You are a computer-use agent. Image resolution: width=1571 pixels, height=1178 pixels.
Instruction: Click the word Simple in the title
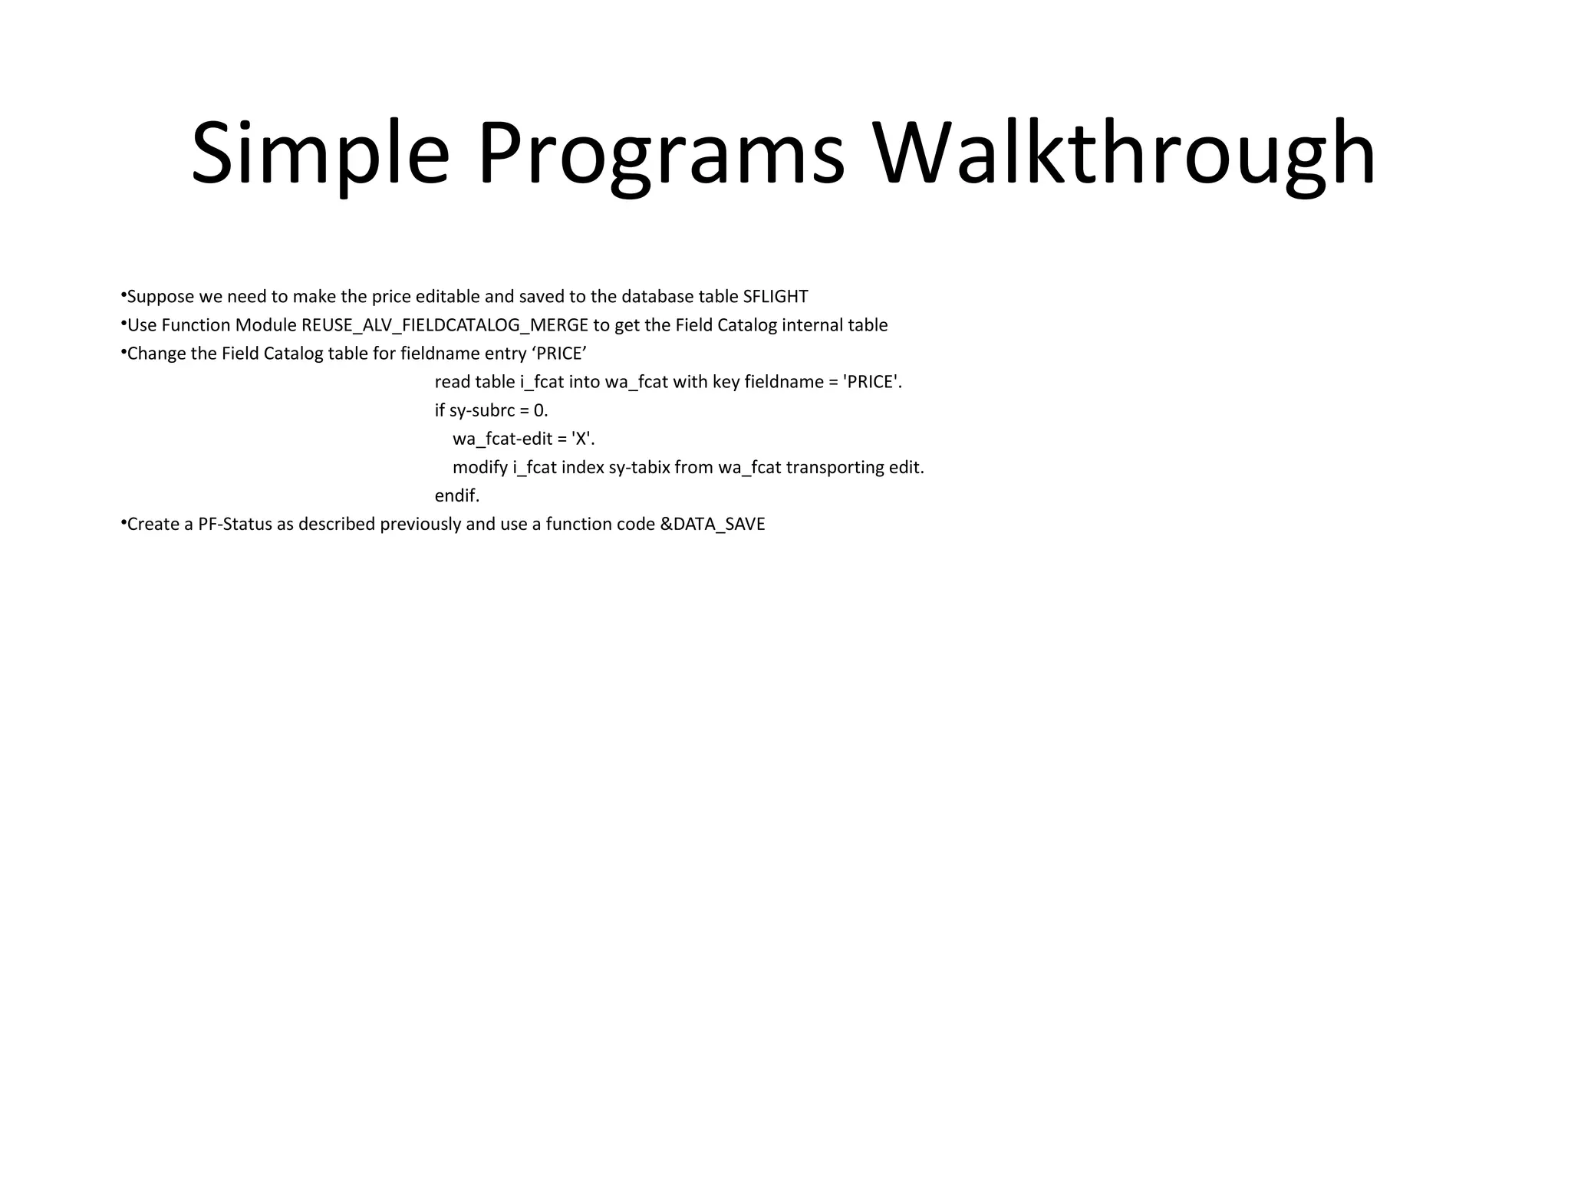[320, 153]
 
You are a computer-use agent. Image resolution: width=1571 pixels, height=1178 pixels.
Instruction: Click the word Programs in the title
[660, 153]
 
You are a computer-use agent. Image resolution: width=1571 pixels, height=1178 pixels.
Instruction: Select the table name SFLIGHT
[775, 297]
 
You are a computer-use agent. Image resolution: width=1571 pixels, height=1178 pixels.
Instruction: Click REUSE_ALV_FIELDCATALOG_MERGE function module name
[445, 325]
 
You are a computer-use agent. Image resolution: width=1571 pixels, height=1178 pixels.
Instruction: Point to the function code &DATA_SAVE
[712, 525]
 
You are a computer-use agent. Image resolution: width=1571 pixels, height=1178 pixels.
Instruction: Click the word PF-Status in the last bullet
[235, 525]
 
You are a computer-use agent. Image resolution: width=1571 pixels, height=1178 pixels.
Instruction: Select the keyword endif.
[457, 496]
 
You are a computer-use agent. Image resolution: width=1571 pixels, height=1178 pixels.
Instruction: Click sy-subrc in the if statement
[482, 410]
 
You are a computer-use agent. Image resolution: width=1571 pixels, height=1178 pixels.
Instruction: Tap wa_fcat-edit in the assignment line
[502, 439]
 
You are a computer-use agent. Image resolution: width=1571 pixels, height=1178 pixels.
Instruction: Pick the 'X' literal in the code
[583, 439]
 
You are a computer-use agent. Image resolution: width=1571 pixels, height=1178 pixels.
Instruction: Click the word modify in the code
[480, 468]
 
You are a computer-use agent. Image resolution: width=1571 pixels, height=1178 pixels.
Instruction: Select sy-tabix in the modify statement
[640, 468]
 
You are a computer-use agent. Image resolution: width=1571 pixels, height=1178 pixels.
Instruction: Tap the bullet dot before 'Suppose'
[123, 294]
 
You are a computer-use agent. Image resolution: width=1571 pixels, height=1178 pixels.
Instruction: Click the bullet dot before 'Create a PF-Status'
[123, 522]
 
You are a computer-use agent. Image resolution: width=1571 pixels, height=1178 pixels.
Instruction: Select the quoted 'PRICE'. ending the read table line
[872, 382]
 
